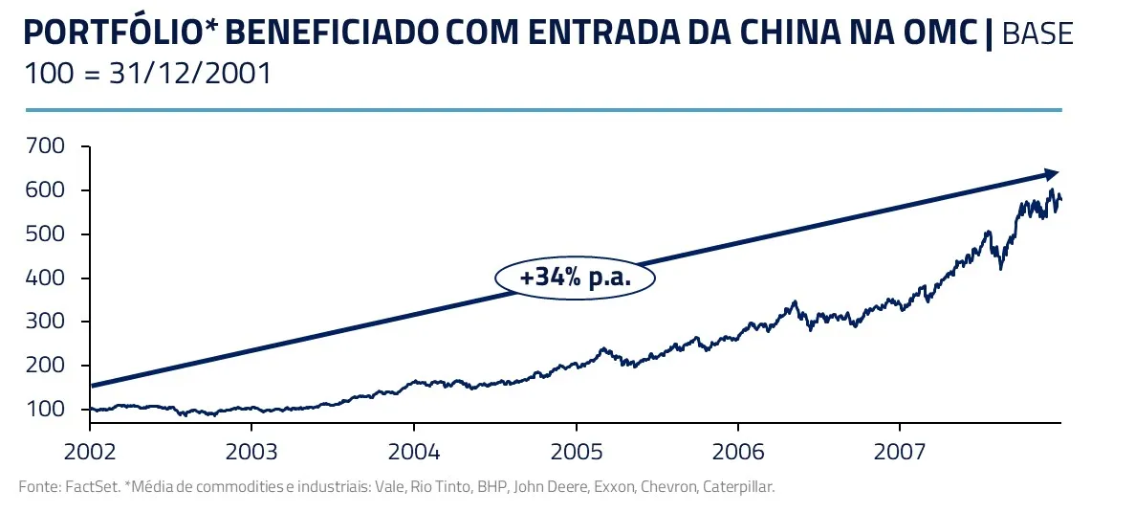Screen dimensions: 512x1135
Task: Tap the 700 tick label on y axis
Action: (46, 147)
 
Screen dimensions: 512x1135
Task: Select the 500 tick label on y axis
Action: (46, 234)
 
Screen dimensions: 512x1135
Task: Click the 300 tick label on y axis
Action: (46, 322)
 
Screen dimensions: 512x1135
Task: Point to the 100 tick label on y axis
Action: (46, 410)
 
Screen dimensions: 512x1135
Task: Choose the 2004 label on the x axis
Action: (413, 450)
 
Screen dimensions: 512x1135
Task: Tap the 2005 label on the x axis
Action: (576, 450)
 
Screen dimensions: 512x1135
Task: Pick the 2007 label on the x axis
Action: (899, 450)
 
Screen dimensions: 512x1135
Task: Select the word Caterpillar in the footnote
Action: (737, 487)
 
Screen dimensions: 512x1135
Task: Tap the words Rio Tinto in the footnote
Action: (436, 487)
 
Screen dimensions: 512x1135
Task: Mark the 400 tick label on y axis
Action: (46, 278)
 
